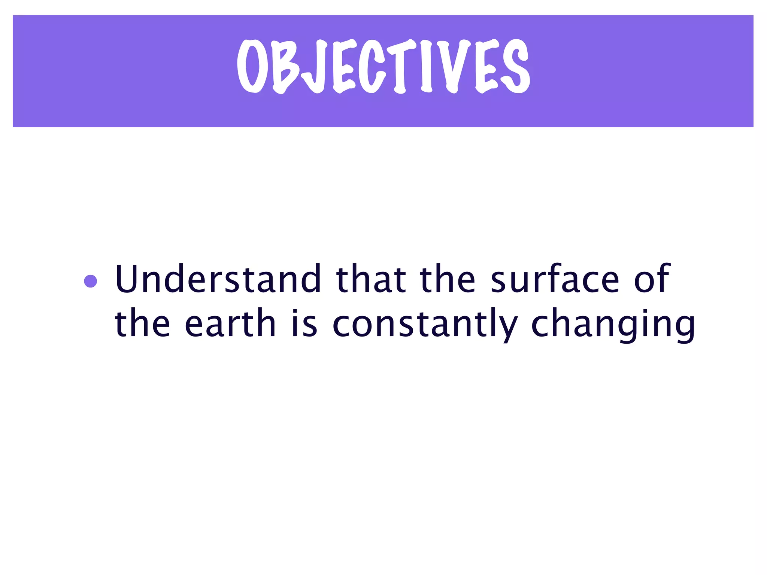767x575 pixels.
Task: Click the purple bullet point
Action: [x=91, y=281]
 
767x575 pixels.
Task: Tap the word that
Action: [x=371, y=279]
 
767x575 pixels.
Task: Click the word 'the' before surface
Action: [x=448, y=279]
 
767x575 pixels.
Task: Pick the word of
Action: [x=652, y=279]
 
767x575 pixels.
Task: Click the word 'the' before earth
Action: [x=142, y=323]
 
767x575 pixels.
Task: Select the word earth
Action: [x=230, y=323]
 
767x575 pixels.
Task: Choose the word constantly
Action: [x=425, y=324]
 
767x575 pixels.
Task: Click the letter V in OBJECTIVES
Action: [x=453, y=67]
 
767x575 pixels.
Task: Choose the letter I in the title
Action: [x=427, y=67]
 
